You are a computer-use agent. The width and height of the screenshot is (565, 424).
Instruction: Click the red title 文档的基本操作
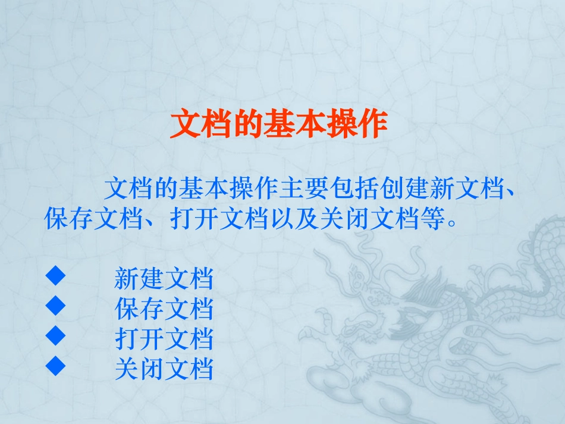pos(278,125)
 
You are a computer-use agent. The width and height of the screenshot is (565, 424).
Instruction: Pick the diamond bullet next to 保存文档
pos(55,306)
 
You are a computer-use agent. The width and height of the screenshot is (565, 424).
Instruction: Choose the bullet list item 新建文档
pos(164,278)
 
